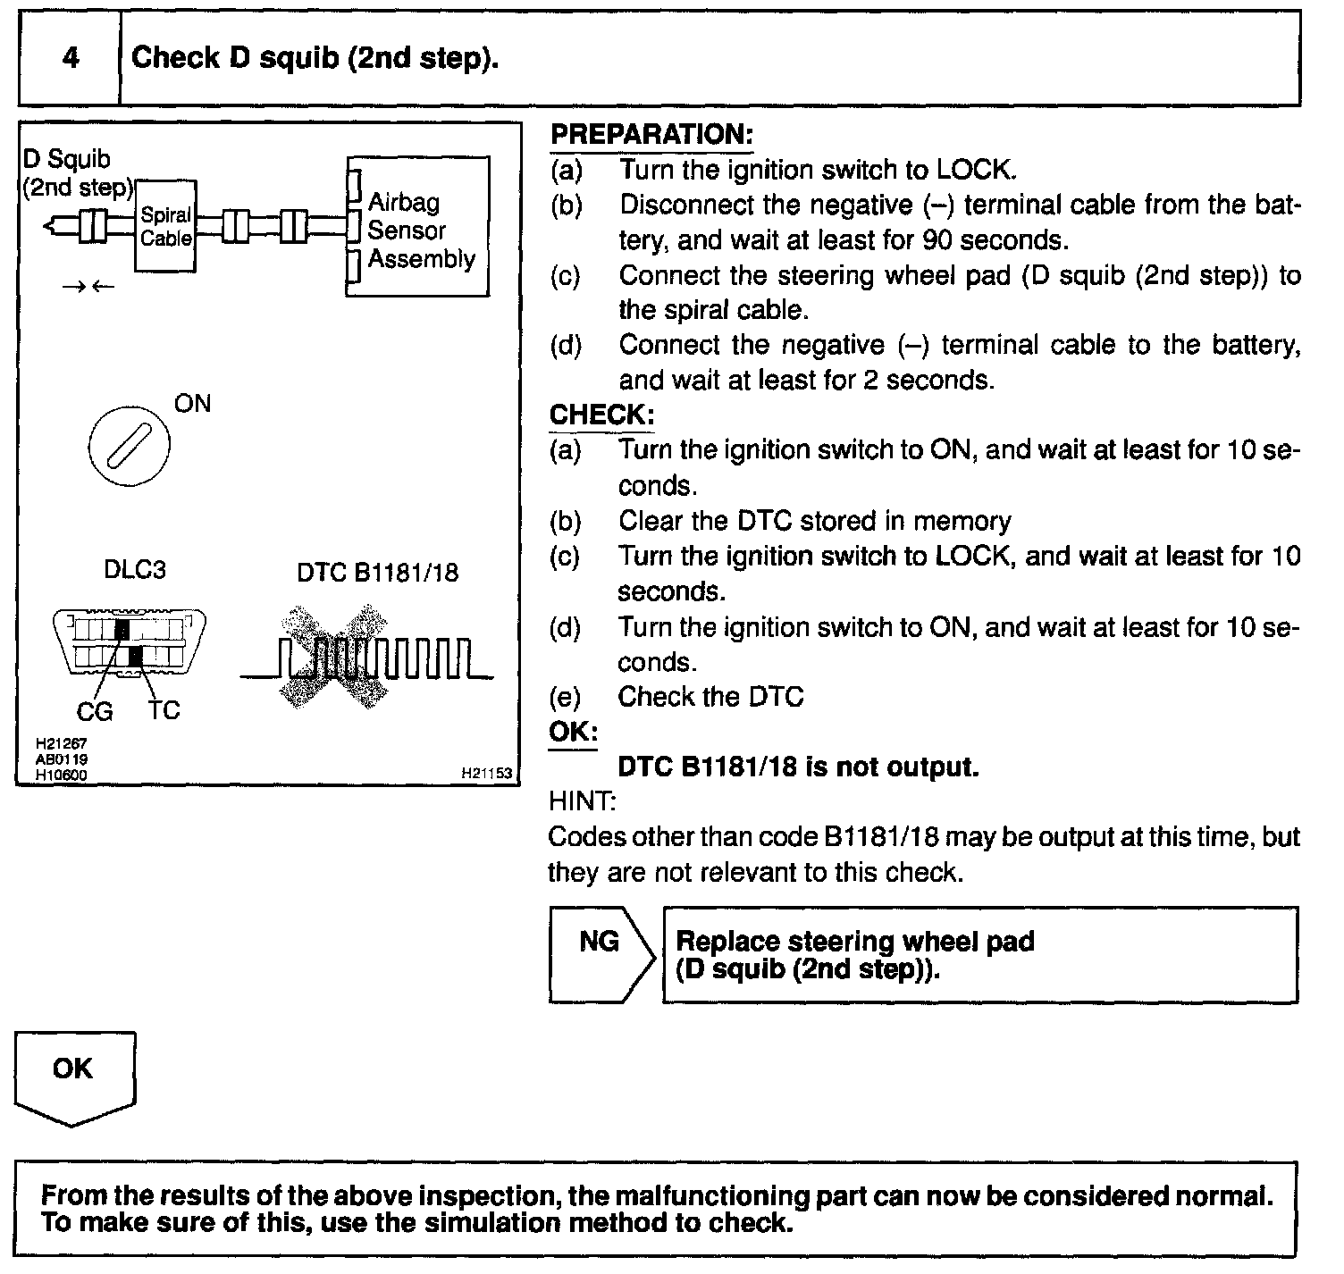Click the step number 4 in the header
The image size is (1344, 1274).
[x=71, y=58]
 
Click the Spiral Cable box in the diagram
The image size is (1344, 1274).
[x=166, y=227]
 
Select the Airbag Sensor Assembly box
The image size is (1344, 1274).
[x=418, y=229]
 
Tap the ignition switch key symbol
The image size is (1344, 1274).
[x=129, y=445]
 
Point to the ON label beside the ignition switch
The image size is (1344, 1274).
[x=192, y=404]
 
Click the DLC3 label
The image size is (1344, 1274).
[x=135, y=569]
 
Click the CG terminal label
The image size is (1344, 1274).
[x=94, y=711]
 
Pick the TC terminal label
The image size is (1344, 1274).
[x=164, y=710]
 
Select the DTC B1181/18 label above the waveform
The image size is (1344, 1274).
[x=377, y=572]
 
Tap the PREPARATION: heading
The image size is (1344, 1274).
[x=651, y=135]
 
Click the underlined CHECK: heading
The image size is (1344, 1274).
[x=601, y=415]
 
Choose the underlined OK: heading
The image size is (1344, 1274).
[x=573, y=732]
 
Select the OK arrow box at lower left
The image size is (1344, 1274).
[x=74, y=1077]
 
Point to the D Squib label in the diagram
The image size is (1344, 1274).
[x=67, y=159]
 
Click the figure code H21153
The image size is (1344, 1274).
[x=486, y=774]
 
